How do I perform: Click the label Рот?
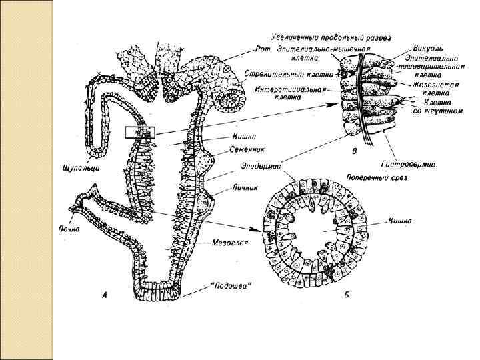tap(263, 48)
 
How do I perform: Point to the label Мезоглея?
tap(231, 243)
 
